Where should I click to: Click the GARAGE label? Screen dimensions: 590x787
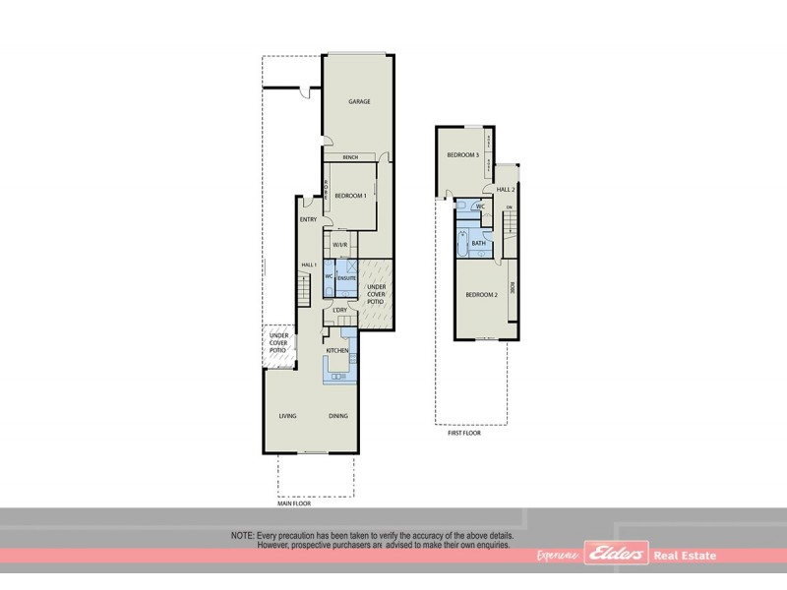pyautogui.click(x=358, y=102)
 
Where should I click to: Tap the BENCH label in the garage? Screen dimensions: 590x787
pyautogui.click(x=348, y=157)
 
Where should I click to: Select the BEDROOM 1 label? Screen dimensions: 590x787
pyautogui.click(x=350, y=196)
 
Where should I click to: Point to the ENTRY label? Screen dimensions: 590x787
pyautogui.click(x=308, y=219)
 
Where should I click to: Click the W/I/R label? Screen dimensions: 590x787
pyautogui.click(x=339, y=245)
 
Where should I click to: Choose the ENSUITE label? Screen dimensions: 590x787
pyautogui.click(x=346, y=279)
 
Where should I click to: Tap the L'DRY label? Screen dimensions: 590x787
pyautogui.click(x=339, y=311)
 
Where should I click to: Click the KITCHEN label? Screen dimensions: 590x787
pyautogui.click(x=338, y=350)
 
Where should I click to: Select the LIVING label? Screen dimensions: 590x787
pyautogui.click(x=287, y=416)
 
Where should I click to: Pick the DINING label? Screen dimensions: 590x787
pyautogui.click(x=338, y=416)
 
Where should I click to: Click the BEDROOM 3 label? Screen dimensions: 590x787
pyautogui.click(x=462, y=155)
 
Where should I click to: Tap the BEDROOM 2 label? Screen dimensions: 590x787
pyautogui.click(x=481, y=295)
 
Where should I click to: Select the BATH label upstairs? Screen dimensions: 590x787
pyautogui.click(x=479, y=243)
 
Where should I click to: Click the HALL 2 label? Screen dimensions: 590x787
pyautogui.click(x=506, y=189)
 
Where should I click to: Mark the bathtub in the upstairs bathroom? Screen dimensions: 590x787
pyautogui.click(x=461, y=241)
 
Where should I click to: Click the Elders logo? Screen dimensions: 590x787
pyautogui.click(x=616, y=556)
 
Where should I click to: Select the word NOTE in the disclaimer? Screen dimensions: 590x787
pyautogui.click(x=241, y=535)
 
